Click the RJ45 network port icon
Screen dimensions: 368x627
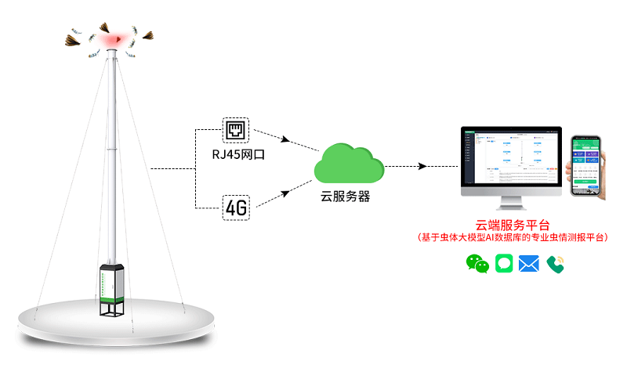click(x=235, y=130)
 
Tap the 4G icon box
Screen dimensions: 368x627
click(x=235, y=207)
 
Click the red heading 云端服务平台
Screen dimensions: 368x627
click(x=513, y=225)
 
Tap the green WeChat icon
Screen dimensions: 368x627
click(x=477, y=264)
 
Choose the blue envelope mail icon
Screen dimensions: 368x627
click(x=529, y=264)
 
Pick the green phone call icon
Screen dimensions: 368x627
click(x=556, y=264)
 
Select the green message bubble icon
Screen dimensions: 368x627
click(x=504, y=264)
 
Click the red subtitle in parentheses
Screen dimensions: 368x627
click(x=513, y=237)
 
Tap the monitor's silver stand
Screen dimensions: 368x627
click(x=511, y=201)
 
